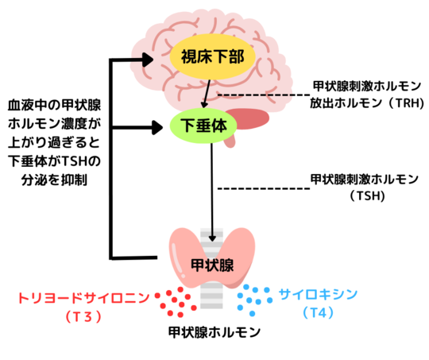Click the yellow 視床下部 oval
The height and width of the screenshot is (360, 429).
click(x=213, y=56)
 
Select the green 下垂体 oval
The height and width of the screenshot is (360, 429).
click(x=203, y=126)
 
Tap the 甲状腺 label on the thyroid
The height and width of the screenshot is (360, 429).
click(x=212, y=265)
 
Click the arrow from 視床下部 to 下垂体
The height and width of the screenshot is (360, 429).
click(x=207, y=94)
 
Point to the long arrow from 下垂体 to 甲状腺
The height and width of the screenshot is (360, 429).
click(x=212, y=192)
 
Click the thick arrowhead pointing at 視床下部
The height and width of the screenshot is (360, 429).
click(x=148, y=59)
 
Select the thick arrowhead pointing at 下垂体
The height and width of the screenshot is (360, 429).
click(x=157, y=127)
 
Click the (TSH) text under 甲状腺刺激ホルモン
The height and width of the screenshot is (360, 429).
click(x=367, y=195)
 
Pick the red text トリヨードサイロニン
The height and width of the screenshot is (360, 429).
click(x=84, y=298)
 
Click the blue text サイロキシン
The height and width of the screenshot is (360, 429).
click(x=319, y=295)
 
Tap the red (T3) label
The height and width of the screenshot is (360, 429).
click(x=83, y=316)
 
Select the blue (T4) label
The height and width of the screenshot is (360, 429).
click(x=319, y=312)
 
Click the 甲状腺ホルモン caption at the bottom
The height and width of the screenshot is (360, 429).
click(x=214, y=332)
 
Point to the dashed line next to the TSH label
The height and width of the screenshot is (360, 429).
click(x=264, y=188)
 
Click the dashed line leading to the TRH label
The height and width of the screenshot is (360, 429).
click(x=264, y=95)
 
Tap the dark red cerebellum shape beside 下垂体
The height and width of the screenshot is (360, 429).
click(x=248, y=119)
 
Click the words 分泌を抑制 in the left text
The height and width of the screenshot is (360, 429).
click(x=54, y=180)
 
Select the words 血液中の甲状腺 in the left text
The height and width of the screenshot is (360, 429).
click(x=54, y=105)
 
